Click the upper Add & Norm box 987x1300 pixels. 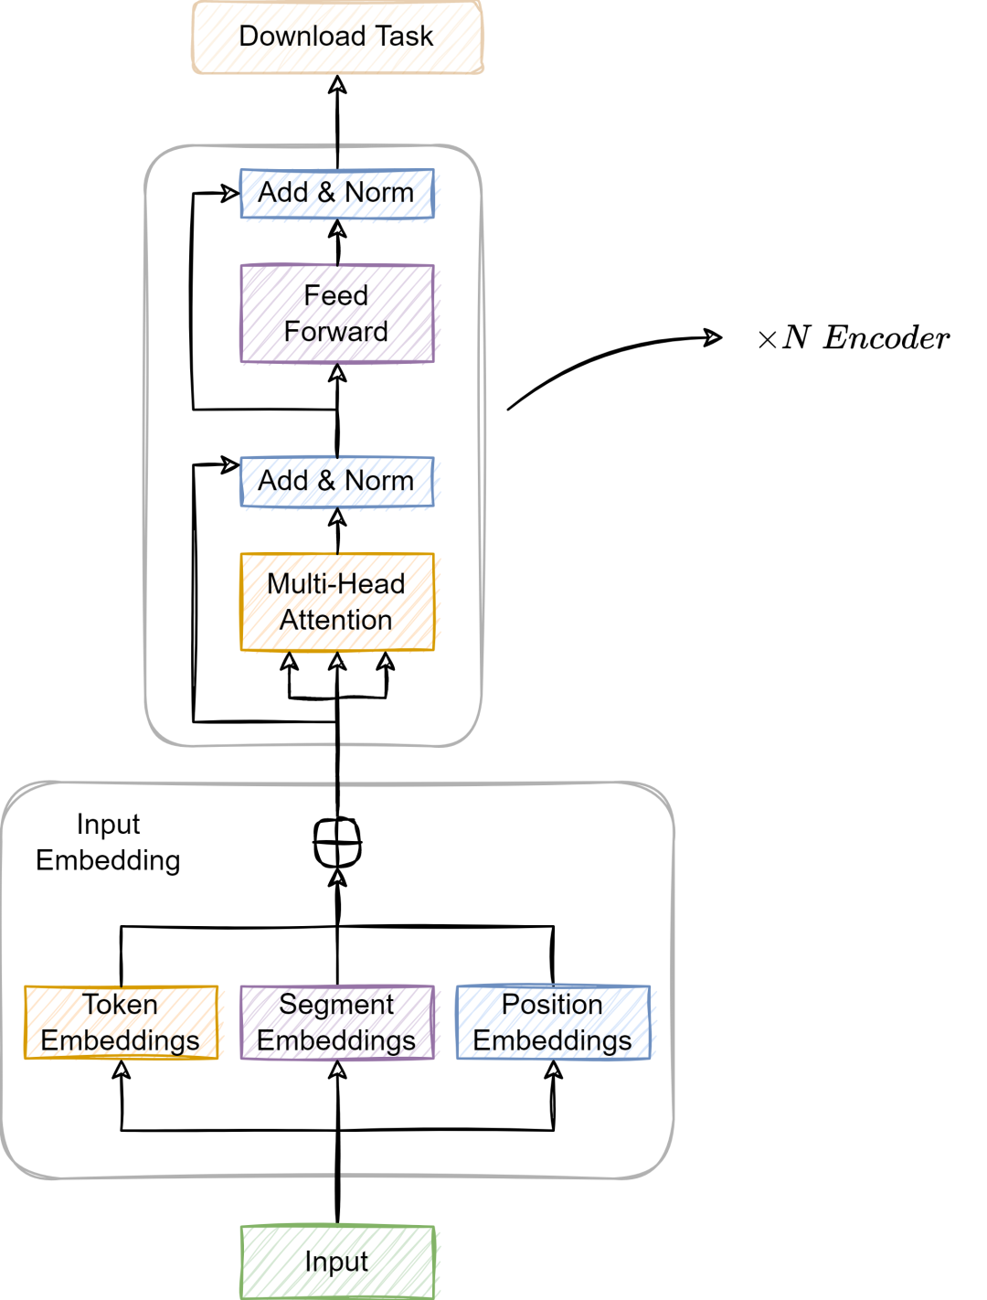(336, 194)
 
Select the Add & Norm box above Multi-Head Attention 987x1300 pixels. (336, 482)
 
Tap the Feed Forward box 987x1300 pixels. (336, 314)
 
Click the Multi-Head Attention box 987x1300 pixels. (336, 602)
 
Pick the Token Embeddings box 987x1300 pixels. (121, 1023)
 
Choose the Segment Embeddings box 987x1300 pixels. (336, 1023)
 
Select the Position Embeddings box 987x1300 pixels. (553, 1023)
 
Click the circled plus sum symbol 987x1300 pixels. (337, 841)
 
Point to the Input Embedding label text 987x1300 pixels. (108, 842)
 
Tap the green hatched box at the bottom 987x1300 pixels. (337, 1262)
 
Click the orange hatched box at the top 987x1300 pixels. (337, 37)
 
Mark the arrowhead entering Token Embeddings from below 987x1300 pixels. (122, 1069)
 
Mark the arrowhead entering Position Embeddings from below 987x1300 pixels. (553, 1069)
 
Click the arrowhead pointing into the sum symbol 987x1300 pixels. (337, 878)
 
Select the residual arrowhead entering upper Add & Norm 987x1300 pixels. (229, 193)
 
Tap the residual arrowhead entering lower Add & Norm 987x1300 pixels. (229, 464)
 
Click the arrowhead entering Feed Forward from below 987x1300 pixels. (337, 372)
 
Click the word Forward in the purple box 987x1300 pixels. (336, 332)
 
